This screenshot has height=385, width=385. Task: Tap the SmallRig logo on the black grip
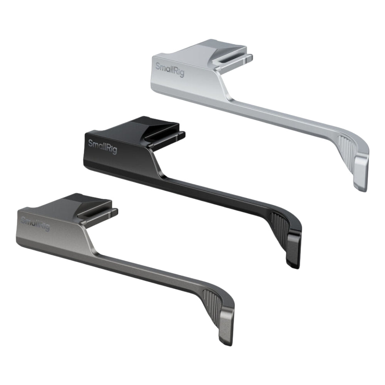(x=102, y=147)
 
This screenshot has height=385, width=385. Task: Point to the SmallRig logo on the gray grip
(x=35, y=224)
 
